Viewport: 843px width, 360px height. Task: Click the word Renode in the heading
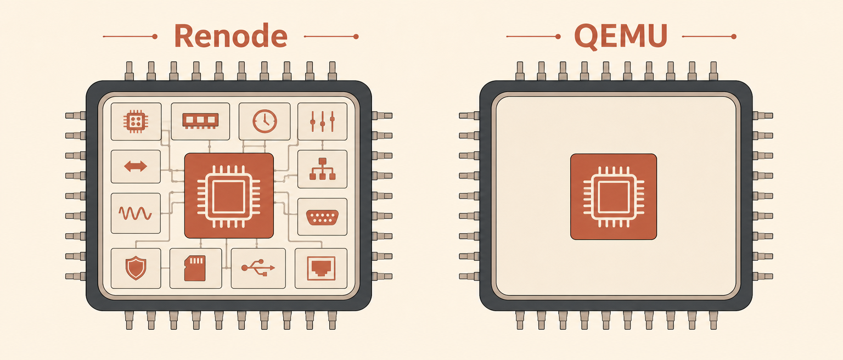coord(231,36)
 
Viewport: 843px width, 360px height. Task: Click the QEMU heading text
coord(621,36)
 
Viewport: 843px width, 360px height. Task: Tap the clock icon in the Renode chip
coord(265,121)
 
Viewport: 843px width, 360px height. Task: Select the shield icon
coord(136,268)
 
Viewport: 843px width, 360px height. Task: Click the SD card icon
coord(195,268)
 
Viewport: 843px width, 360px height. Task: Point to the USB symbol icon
coord(258,268)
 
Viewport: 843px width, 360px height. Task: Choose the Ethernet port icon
coord(321,268)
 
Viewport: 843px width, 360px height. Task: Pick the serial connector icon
coord(322,217)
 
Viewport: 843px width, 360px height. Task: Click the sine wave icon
coord(136,213)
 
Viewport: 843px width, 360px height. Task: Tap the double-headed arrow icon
coord(136,166)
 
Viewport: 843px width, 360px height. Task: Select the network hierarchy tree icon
coord(322,169)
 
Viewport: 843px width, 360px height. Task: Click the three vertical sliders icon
coord(322,121)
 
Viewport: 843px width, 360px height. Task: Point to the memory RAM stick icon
coord(200,121)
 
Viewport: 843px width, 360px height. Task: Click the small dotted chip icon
coord(136,121)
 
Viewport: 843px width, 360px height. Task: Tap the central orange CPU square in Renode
coord(229,195)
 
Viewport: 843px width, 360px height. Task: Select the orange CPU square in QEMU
coord(614,197)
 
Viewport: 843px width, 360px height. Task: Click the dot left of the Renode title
coord(155,36)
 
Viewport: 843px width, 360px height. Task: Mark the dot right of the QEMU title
coord(733,36)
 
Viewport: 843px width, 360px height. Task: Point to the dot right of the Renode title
coord(356,36)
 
